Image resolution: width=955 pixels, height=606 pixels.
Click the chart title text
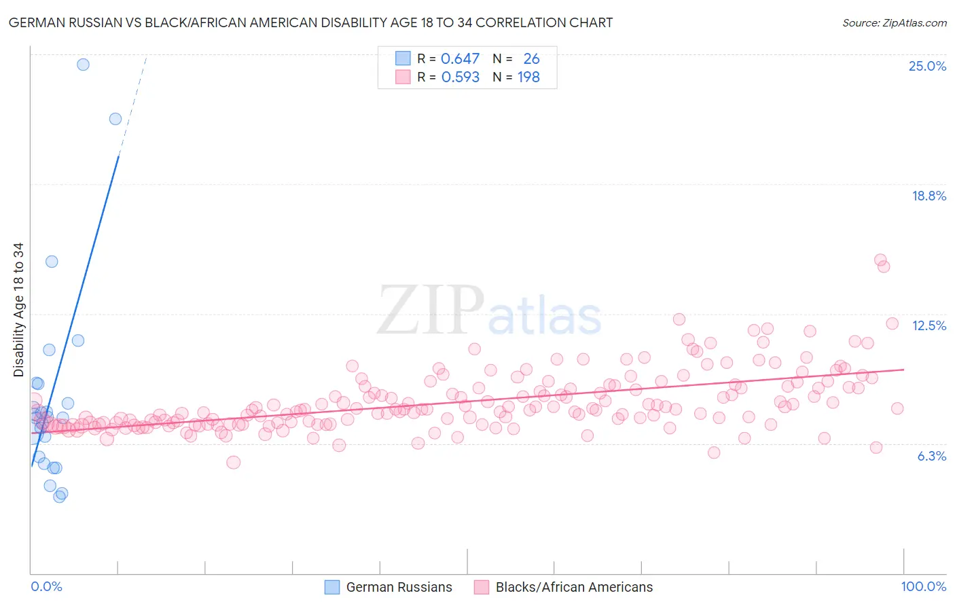[x=311, y=22]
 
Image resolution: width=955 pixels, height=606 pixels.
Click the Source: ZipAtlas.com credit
[x=894, y=22]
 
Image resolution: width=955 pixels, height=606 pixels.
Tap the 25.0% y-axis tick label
[x=927, y=66]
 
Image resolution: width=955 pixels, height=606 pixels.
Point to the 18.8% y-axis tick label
[x=929, y=196]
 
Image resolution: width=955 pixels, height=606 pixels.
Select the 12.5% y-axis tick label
[x=929, y=325]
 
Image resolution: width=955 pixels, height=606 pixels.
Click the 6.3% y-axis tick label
[x=931, y=456]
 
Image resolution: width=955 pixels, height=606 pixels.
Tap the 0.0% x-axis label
[x=46, y=586]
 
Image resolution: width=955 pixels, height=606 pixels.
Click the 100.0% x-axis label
[x=923, y=586]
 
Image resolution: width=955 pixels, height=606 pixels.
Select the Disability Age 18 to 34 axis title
[x=18, y=310]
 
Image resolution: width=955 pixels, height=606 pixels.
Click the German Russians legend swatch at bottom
[x=331, y=587]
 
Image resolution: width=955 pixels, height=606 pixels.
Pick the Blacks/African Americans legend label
[x=574, y=587]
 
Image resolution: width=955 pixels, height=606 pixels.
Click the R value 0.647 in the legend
[x=460, y=59]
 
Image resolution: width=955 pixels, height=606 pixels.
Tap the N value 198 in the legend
[x=528, y=77]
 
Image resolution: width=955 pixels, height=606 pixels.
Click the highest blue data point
[x=83, y=65]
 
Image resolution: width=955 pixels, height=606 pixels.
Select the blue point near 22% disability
[x=115, y=119]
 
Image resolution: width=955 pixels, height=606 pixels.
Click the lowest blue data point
[x=59, y=497]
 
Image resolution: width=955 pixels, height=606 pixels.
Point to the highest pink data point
[x=880, y=260]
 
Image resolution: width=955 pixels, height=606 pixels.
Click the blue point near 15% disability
[x=52, y=262]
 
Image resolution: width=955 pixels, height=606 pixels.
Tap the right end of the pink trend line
[x=903, y=370]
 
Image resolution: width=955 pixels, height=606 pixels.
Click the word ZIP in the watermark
[x=430, y=310]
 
